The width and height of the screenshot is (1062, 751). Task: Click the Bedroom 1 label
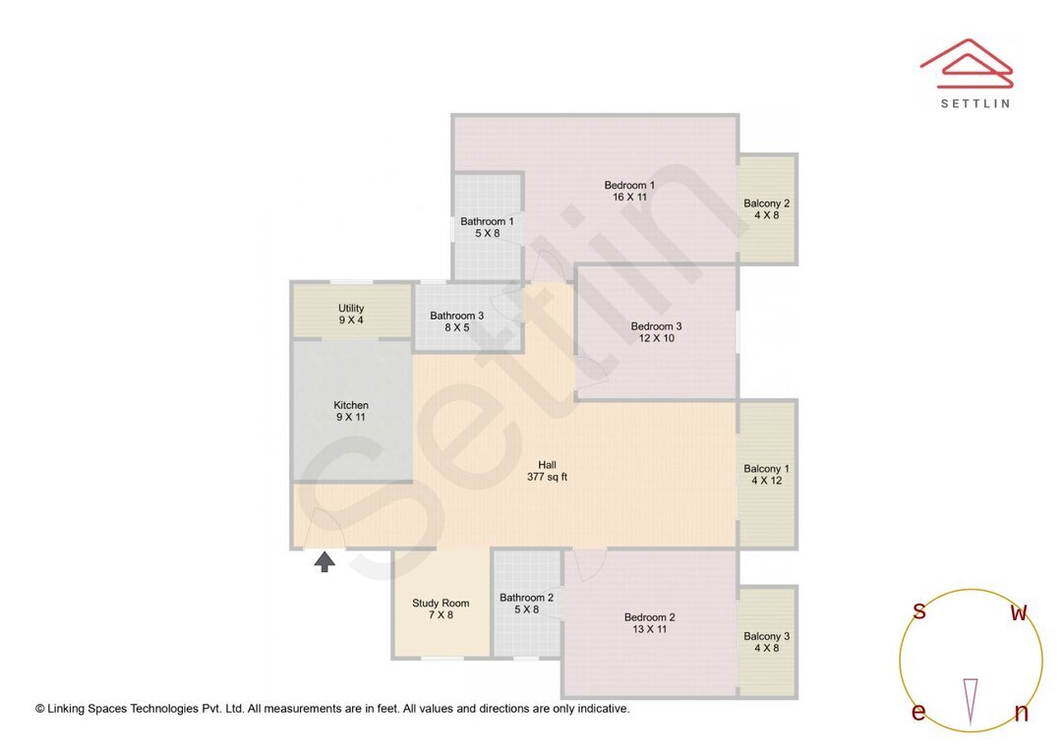click(x=629, y=185)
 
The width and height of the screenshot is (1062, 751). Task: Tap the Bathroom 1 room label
click(x=487, y=221)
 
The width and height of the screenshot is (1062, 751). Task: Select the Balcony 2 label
click(x=766, y=203)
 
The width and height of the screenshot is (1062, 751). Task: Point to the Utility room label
click(x=351, y=308)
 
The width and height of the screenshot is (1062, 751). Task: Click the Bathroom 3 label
click(x=456, y=316)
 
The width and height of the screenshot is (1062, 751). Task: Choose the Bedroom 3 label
click(x=656, y=326)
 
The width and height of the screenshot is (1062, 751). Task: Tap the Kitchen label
click(x=351, y=405)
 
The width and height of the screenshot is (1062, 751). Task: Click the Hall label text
click(x=547, y=465)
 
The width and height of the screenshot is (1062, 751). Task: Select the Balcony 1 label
click(x=766, y=469)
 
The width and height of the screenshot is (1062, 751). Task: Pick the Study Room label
click(x=441, y=603)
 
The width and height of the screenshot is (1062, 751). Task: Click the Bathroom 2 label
click(x=526, y=597)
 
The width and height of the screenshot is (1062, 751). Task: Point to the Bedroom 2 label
click(x=649, y=617)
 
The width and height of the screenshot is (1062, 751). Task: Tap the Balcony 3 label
click(x=766, y=636)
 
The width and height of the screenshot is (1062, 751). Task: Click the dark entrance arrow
click(x=324, y=561)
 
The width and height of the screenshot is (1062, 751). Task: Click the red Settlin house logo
click(x=967, y=63)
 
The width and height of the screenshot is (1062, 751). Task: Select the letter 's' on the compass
click(x=918, y=611)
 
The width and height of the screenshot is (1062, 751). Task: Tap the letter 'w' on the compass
click(x=1019, y=613)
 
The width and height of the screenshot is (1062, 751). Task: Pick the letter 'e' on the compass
click(x=918, y=713)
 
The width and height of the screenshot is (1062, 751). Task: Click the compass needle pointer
click(x=971, y=699)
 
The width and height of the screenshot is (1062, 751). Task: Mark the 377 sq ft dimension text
click(x=547, y=478)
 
